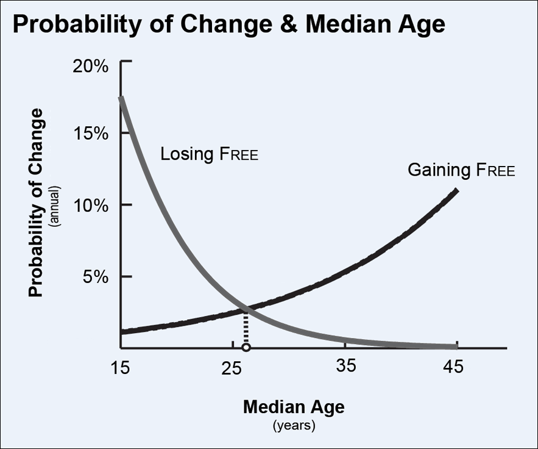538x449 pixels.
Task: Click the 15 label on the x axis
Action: click(x=121, y=367)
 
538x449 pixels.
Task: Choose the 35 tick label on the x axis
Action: click(x=345, y=367)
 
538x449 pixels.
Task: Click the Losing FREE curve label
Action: click(x=209, y=154)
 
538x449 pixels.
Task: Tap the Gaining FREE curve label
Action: click(x=461, y=170)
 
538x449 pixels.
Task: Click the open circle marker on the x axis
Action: click(x=246, y=348)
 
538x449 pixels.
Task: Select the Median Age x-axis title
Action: click(x=294, y=406)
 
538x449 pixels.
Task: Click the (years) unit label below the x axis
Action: click(x=294, y=425)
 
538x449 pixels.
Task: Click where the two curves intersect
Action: click(x=246, y=310)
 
